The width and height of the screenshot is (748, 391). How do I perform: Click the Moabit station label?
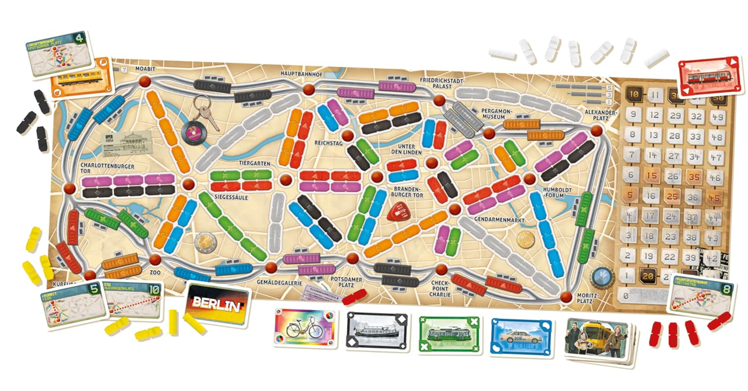[x=145, y=69]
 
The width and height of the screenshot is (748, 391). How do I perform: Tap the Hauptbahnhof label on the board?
[x=301, y=74]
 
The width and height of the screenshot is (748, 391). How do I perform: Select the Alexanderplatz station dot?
[x=596, y=131]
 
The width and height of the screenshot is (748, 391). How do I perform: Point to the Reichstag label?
[x=328, y=143]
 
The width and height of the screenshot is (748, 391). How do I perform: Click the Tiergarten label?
[x=254, y=163]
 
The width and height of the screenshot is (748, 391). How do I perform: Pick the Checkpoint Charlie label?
[x=440, y=289]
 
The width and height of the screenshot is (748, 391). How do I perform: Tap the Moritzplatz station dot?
[x=566, y=297]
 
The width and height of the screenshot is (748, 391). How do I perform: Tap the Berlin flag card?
[x=218, y=304]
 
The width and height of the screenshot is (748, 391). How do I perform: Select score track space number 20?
[x=648, y=276]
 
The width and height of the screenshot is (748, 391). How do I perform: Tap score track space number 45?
[x=714, y=198]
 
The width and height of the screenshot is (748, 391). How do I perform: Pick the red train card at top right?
[x=710, y=77]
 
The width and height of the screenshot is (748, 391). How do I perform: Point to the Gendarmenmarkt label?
[x=499, y=220]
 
